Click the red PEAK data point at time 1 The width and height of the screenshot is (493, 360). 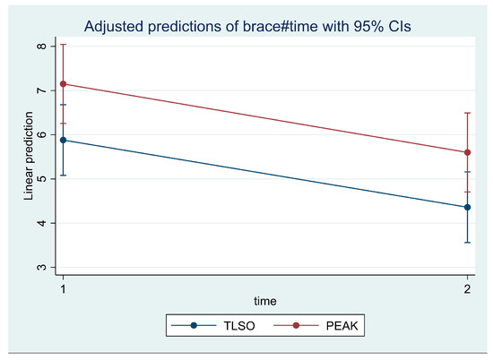click(x=64, y=84)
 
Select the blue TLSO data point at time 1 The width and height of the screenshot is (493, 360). click(x=64, y=140)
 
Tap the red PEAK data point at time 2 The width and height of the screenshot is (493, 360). click(x=467, y=152)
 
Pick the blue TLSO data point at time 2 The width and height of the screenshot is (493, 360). click(x=467, y=208)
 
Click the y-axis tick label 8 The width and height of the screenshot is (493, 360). click(x=42, y=47)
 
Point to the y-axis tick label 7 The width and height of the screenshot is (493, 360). click(x=42, y=90)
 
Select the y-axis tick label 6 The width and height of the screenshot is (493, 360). click(x=42, y=134)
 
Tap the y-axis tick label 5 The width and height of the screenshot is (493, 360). click(x=42, y=179)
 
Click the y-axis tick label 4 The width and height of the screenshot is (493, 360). click(x=42, y=223)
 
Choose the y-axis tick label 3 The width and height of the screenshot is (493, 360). click(x=42, y=268)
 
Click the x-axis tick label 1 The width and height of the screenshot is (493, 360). click(x=64, y=288)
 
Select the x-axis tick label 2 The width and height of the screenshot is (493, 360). click(x=467, y=288)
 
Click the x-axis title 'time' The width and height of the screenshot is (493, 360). click(x=265, y=301)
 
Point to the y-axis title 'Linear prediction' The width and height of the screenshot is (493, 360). click(x=29, y=156)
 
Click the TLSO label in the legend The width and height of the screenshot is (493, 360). click(x=239, y=326)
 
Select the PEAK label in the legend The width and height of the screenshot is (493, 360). click(x=342, y=326)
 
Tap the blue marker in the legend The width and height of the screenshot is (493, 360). click(x=194, y=325)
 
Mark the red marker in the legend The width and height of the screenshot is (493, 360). click(x=296, y=325)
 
